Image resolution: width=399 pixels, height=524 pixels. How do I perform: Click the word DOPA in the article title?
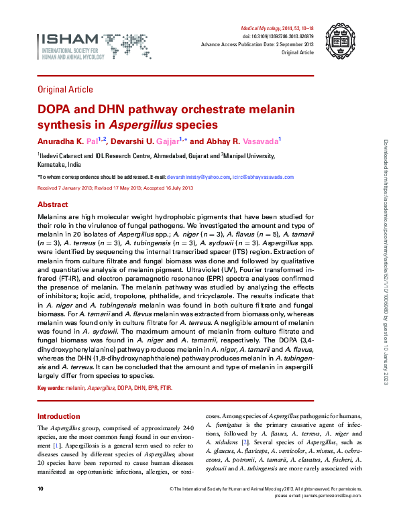[x=52, y=110]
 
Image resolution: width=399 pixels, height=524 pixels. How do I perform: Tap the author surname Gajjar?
[x=171, y=141]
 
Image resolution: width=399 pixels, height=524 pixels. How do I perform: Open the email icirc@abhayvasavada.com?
[x=264, y=177]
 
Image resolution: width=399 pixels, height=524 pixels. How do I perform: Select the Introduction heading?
[x=58, y=416]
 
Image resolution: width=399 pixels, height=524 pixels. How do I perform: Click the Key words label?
[x=50, y=388]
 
